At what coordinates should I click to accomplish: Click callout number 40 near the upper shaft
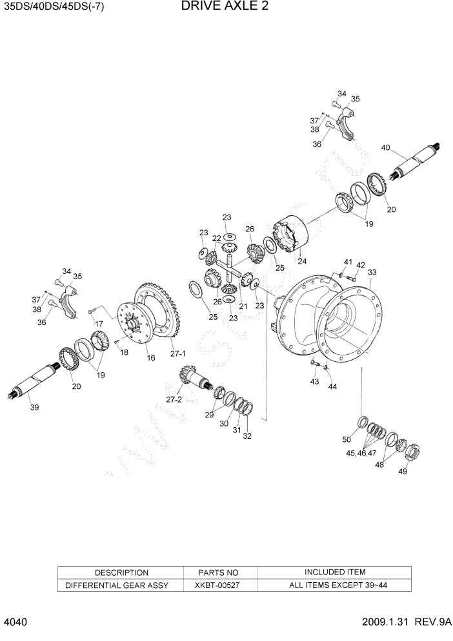(x=386, y=148)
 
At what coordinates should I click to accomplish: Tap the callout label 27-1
(x=177, y=353)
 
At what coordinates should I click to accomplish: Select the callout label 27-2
(x=175, y=400)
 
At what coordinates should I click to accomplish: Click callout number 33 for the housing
(x=372, y=273)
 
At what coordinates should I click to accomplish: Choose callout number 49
(x=402, y=471)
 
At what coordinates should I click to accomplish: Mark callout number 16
(x=150, y=357)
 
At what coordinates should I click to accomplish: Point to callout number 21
(x=243, y=306)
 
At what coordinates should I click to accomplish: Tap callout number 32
(x=247, y=436)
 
